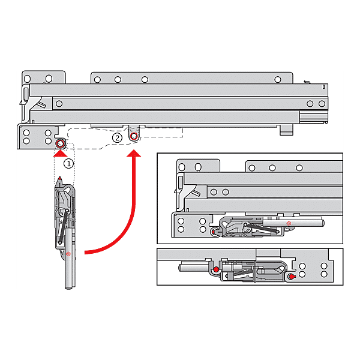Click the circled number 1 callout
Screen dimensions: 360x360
[x=69, y=163]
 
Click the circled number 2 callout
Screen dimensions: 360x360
[x=118, y=137]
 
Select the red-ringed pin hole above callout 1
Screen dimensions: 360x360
[x=60, y=144]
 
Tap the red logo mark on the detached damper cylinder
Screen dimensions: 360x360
[x=69, y=254]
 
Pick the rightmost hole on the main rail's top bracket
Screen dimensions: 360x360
[x=277, y=79]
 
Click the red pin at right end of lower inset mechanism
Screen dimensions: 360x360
[x=292, y=277]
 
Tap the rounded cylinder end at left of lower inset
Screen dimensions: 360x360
[x=181, y=265]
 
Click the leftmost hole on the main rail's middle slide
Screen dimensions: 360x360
[x=59, y=104]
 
